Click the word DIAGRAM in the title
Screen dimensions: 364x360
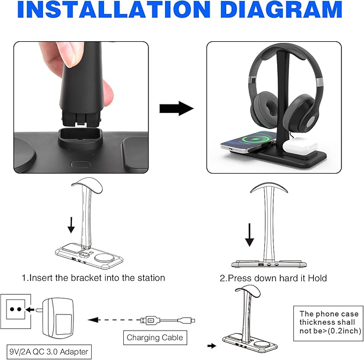pos(281,9)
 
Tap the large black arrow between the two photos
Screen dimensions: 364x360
pos(176,108)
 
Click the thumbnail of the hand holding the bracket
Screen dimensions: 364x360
pos(81,107)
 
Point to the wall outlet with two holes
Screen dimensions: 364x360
pos(16,311)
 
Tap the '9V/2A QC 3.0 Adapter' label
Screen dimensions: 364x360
pos(49,351)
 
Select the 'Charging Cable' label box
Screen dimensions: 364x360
pos(155,337)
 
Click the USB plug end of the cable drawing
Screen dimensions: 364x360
pos(151,320)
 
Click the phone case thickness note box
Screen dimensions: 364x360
pos(328,323)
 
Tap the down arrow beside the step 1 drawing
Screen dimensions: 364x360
pos(71,225)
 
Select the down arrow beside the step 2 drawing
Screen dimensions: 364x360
pos(250,235)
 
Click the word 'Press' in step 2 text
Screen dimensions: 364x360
pos(239,278)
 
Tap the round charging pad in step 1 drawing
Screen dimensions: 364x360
pos(105,258)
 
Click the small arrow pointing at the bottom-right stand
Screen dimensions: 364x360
pos(212,346)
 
